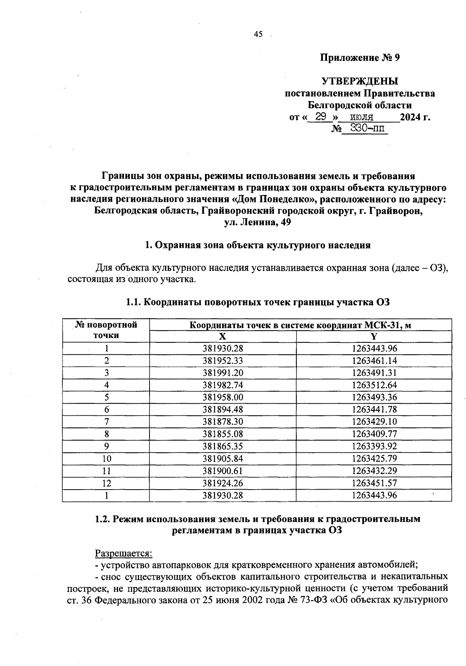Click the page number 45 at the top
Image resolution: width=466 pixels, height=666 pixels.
pos(258,35)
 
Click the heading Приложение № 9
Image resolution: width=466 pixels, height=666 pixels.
pos(360,58)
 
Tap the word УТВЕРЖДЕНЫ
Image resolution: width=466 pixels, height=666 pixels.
pos(360,82)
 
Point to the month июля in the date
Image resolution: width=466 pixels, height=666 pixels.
pos(362,117)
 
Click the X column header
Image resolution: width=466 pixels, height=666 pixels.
pos(223,336)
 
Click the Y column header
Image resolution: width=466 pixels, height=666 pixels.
pos(374,336)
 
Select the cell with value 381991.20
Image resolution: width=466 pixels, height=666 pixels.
pos(223,373)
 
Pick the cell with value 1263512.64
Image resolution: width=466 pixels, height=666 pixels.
pos(374,385)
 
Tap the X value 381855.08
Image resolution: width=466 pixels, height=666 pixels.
pos(223,434)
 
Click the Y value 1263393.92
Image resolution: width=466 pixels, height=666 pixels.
pos(374,446)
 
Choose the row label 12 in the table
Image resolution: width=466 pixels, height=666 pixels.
pos(106,483)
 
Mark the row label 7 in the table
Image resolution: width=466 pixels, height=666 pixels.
pos(106,422)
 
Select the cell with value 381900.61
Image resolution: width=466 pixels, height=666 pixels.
pos(223,471)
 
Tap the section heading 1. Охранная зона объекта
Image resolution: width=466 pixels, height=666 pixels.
pos(257,245)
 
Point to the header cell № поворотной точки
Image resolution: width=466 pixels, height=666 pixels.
pos(106,330)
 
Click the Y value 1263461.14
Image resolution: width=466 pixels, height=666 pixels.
pos(374,361)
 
